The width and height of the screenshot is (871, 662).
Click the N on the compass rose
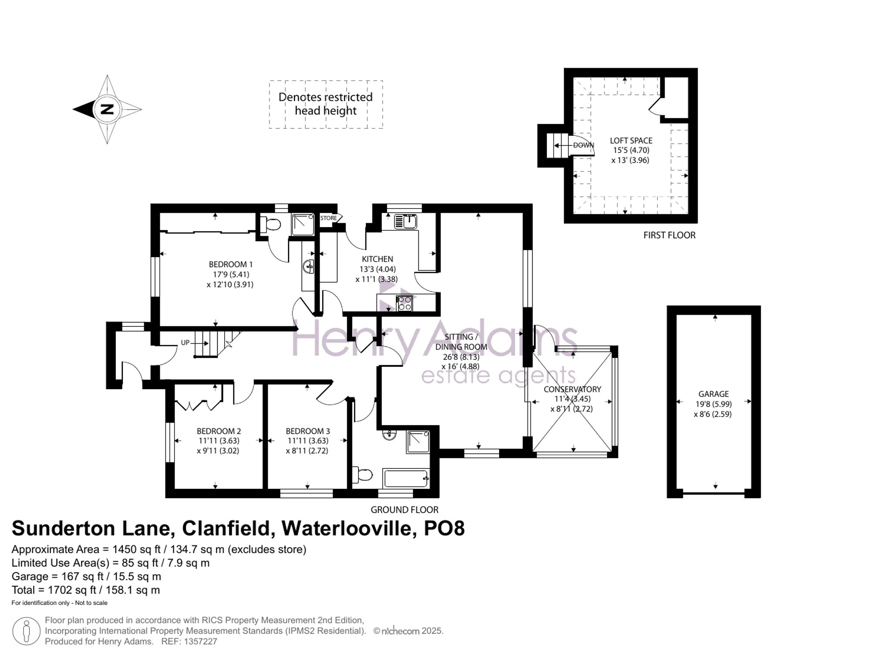coord(107,109)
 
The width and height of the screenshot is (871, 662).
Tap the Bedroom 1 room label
coord(231,264)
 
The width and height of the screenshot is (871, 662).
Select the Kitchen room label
coord(377,259)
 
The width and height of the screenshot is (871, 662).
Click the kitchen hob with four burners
coord(405,303)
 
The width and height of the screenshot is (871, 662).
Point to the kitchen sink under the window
coord(405,222)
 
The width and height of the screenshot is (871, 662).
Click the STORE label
coord(328,218)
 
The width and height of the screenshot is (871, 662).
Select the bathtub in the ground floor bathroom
coord(406,479)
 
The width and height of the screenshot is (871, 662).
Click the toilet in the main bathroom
coord(362,474)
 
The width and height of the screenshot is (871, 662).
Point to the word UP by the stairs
coord(185,343)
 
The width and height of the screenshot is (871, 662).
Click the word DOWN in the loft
coord(584,145)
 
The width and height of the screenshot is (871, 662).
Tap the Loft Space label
coord(631,141)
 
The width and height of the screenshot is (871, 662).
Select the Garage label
coord(713,394)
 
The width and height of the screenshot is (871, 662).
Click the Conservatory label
coord(572,389)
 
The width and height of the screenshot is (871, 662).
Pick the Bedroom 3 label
coord(308,431)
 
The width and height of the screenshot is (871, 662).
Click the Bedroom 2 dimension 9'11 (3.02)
coord(218,451)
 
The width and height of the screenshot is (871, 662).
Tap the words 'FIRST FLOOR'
coord(669,235)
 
